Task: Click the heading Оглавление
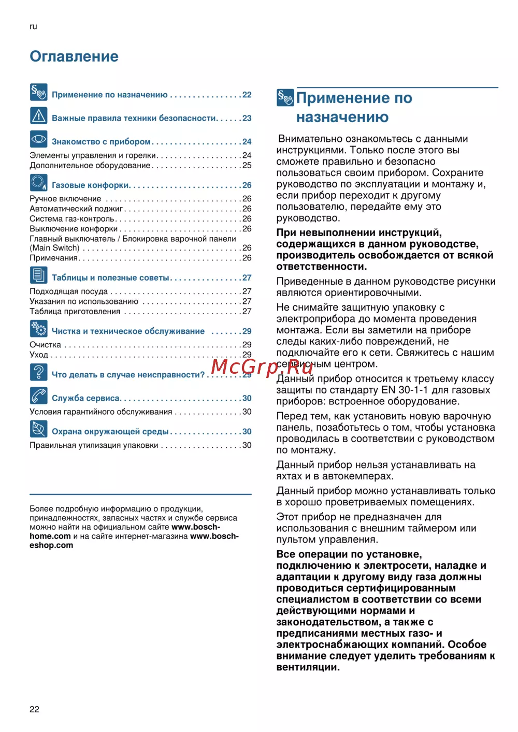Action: click(74, 56)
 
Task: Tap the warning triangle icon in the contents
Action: click(39, 116)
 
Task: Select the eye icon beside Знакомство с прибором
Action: click(39, 139)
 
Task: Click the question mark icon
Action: click(39, 372)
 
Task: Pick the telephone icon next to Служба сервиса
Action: click(39, 396)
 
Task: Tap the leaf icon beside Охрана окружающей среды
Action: click(39, 429)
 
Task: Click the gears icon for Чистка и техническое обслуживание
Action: click(39, 329)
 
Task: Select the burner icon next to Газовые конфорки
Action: click(39, 183)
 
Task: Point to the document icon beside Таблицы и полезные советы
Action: click(39, 275)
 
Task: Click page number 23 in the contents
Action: click(247, 119)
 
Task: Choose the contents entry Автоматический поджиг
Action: click(76, 209)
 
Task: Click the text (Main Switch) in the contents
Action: click(54, 248)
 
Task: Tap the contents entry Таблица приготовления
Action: click(75, 312)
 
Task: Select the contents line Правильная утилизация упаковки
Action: click(94, 445)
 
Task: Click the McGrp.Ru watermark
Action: click(262, 367)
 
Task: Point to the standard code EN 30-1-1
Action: click(410, 390)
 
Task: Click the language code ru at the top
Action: click(33, 26)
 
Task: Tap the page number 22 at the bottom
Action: click(34, 709)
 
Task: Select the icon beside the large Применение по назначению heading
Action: click(285, 97)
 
